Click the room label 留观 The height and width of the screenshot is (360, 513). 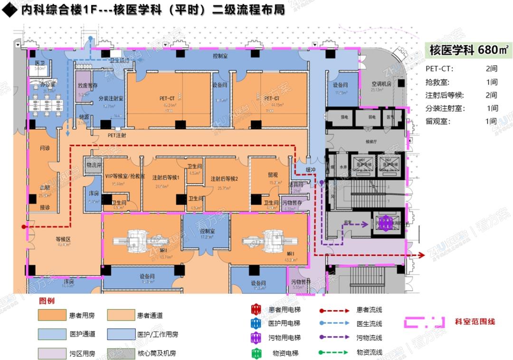pyautogui.click(x=273, y=175)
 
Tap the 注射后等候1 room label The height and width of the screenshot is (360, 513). pyautogui.click(x=165, y=177)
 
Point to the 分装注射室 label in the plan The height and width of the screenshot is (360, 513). pyautogui.click(x=111, y=98)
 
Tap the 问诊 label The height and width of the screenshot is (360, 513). pyautogui.click(x=45, y=148)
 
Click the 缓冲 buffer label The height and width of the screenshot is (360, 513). pyautogui.click(x=311, y=170)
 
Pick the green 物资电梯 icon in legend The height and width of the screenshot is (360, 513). pyautogui.click(x=256, y=353)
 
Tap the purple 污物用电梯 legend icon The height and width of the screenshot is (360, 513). pyautogui.click(x=256, y=338)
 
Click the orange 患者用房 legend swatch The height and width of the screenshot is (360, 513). pyautogui.click(x=52, y=315)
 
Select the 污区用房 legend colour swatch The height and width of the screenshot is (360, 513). pyautogui.click(x=52, y=353)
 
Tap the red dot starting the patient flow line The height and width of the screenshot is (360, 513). pyautogui.click(x=23, y=227)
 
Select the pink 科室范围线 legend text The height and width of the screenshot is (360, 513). pyautogui.click(x=475, y=322)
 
